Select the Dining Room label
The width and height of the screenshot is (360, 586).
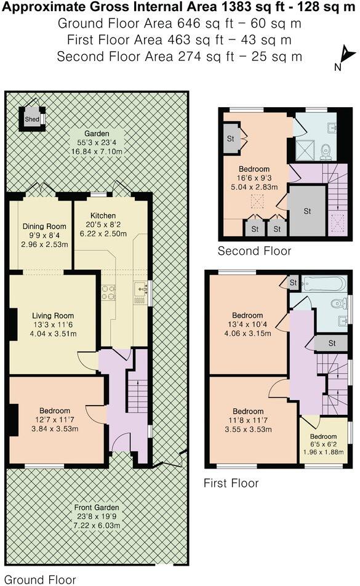pos(40,226)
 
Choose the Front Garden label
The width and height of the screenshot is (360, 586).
pos(97,506)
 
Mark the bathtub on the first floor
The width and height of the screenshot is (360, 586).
pos(324,284)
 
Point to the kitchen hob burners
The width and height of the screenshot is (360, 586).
pos(108,292)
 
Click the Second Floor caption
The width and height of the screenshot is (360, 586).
pos(254,251)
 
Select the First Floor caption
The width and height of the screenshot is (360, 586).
pos(231,483)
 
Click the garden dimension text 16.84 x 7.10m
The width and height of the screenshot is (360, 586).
pos(97,151)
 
